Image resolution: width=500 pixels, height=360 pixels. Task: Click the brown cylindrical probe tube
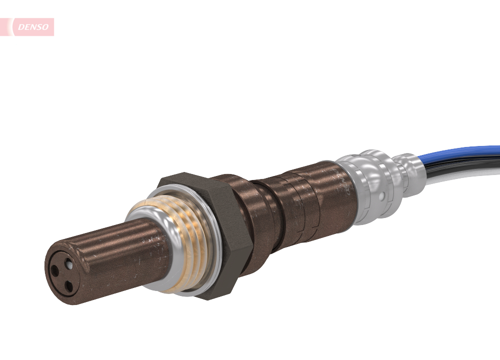[115, 255]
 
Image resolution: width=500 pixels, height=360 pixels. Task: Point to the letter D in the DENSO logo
[21, 27]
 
